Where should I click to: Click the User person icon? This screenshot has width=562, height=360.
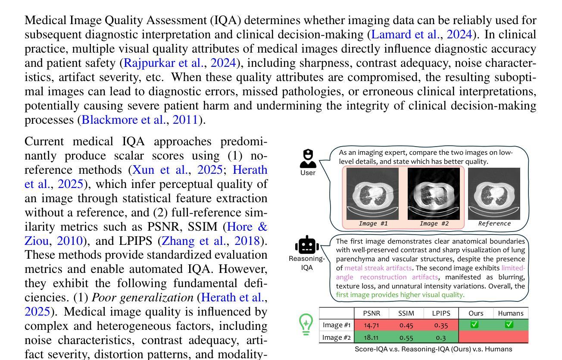308,159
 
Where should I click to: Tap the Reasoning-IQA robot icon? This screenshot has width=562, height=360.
307,245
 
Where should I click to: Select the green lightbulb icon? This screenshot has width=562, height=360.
306,324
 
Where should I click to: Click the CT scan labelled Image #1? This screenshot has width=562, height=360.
373,194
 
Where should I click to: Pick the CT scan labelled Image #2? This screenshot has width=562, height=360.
434,194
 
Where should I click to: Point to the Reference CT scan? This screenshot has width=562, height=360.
494,194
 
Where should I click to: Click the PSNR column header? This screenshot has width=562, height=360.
371,313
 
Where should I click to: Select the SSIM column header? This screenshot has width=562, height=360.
406,313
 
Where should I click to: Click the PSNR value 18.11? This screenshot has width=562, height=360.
371,337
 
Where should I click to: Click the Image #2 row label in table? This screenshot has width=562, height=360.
337,337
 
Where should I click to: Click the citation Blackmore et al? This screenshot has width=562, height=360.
123,120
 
